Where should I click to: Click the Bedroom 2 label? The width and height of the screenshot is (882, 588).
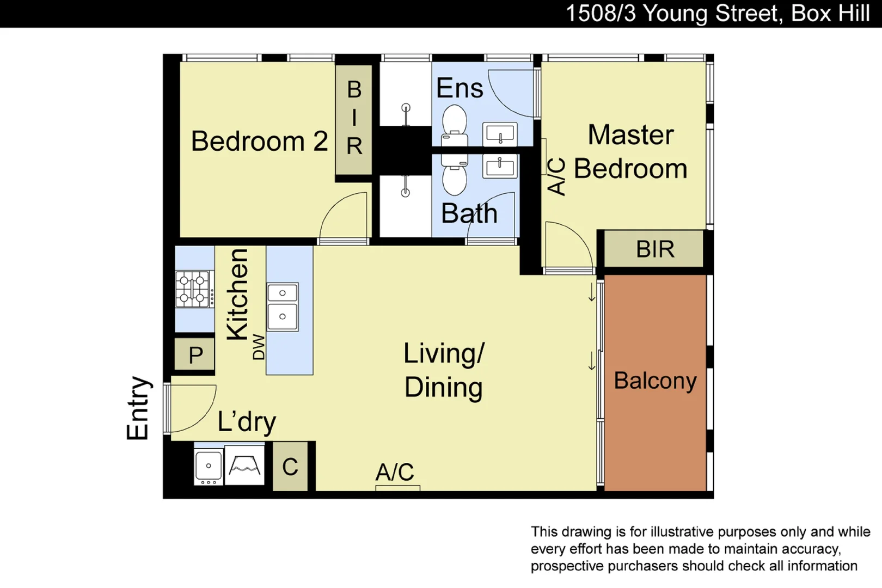tap(259, 142)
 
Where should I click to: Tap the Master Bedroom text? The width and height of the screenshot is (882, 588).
tap(630, 152)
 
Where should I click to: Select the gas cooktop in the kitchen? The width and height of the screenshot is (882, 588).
tap(193, 289)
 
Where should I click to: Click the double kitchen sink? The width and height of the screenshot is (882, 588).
tap(283, 307)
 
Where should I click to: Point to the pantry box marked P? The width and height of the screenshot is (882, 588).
tap(195, 355)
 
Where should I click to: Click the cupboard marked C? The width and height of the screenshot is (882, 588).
tap(290, 467)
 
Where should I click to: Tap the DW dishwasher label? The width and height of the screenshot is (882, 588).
tap(259, 347)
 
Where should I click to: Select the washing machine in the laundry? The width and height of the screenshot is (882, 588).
tap(244, 465)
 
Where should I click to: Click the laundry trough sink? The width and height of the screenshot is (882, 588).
tap(209, 466)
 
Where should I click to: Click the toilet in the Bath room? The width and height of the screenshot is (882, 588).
tap(455, 175)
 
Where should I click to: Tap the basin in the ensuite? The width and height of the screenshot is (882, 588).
tap(500, 134)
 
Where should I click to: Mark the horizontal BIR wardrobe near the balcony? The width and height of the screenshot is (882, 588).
tap(654, 249)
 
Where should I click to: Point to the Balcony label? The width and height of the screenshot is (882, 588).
tap(655, 381)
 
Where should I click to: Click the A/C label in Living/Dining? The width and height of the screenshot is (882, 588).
tap(395, 471)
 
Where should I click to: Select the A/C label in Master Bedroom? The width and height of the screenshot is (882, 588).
tap(556, 176)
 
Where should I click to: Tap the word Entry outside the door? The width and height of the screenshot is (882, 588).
tap(138, 408)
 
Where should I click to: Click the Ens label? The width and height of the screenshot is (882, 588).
tap(460, 88)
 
